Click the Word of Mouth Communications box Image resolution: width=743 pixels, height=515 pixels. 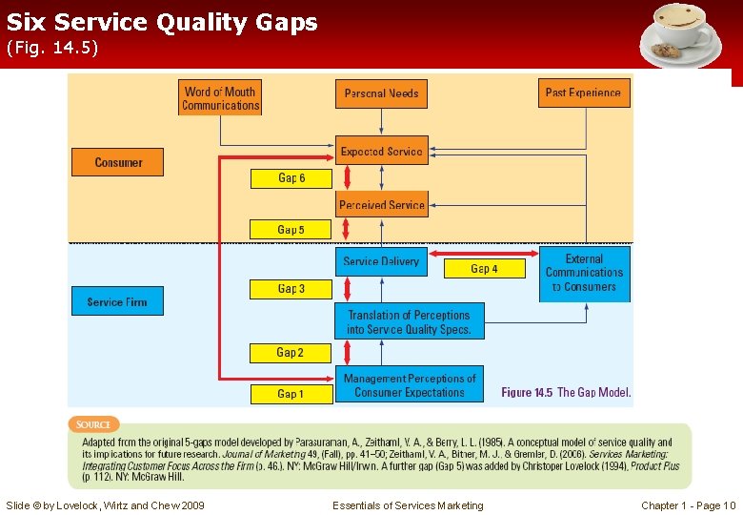tap(220, 98)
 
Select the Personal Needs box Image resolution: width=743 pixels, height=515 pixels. tap(381, 93)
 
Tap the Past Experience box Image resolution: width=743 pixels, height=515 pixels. tap(583, 93)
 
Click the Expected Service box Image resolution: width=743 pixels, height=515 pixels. tap(381, 151)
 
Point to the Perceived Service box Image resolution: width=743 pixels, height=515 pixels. tap(381, 205)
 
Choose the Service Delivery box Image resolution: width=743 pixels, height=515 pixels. tap(381, 261)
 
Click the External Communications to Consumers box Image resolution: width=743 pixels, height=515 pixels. tap(584, 274)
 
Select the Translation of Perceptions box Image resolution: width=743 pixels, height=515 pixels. tap(409, 322)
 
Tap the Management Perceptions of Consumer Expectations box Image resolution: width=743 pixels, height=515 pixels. tap(409, 384)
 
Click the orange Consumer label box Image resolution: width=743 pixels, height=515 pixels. tap(118, 162)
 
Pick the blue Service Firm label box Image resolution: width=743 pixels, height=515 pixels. tap(117, 301)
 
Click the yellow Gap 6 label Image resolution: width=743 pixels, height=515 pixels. tap(291, 178)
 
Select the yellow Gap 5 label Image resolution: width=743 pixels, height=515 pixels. tap(291, 230)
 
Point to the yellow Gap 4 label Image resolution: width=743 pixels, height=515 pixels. tap(484, 269)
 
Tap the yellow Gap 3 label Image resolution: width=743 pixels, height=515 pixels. tap(291, 289)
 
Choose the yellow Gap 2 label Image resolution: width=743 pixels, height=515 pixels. tap(291, 353)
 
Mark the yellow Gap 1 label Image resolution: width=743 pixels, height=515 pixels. tap(291, 393)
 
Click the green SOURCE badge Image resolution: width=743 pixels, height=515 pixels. tap(93, 424)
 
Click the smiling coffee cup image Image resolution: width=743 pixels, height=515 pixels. tap(680, 35)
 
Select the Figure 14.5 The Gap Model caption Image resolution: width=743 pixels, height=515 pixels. tap(566, 392)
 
